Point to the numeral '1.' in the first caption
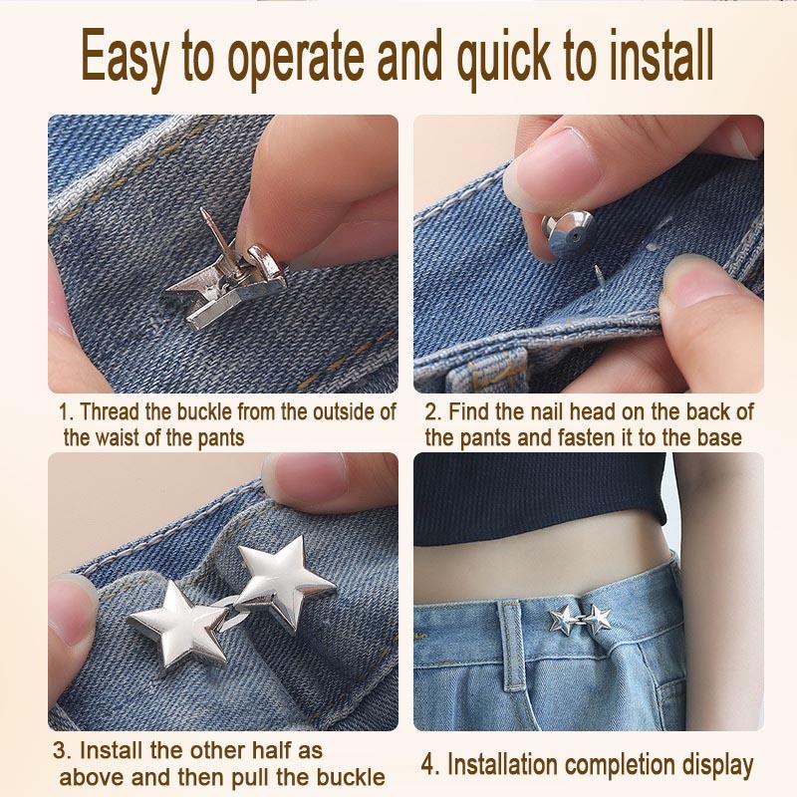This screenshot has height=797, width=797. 65,411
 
